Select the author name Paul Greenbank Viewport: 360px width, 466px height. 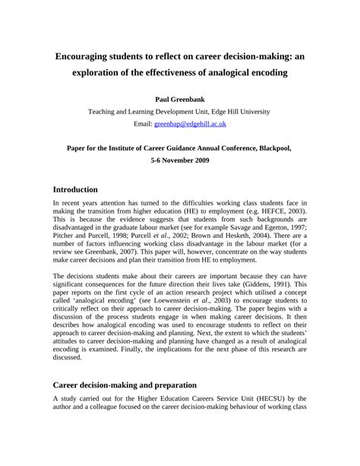(179, 99)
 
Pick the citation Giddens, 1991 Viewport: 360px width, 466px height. (267, 284)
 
